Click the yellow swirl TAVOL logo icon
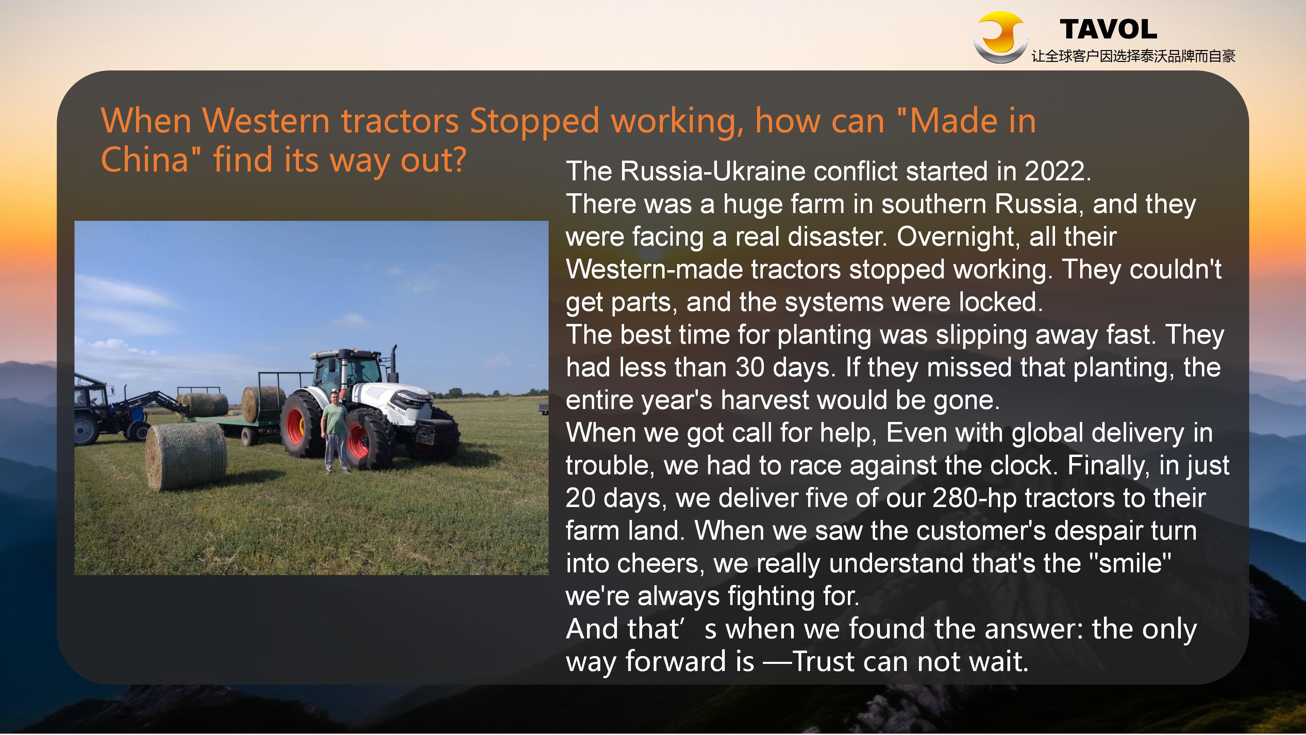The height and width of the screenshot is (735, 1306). (x=1000, y=37)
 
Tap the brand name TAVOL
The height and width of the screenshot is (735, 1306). (x=1108, y=29)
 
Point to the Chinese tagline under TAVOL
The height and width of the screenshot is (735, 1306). (x=1133, y=56)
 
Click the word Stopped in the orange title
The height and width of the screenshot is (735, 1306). (x=535, y=122)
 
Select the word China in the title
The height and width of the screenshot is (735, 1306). (x=145, y=160)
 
